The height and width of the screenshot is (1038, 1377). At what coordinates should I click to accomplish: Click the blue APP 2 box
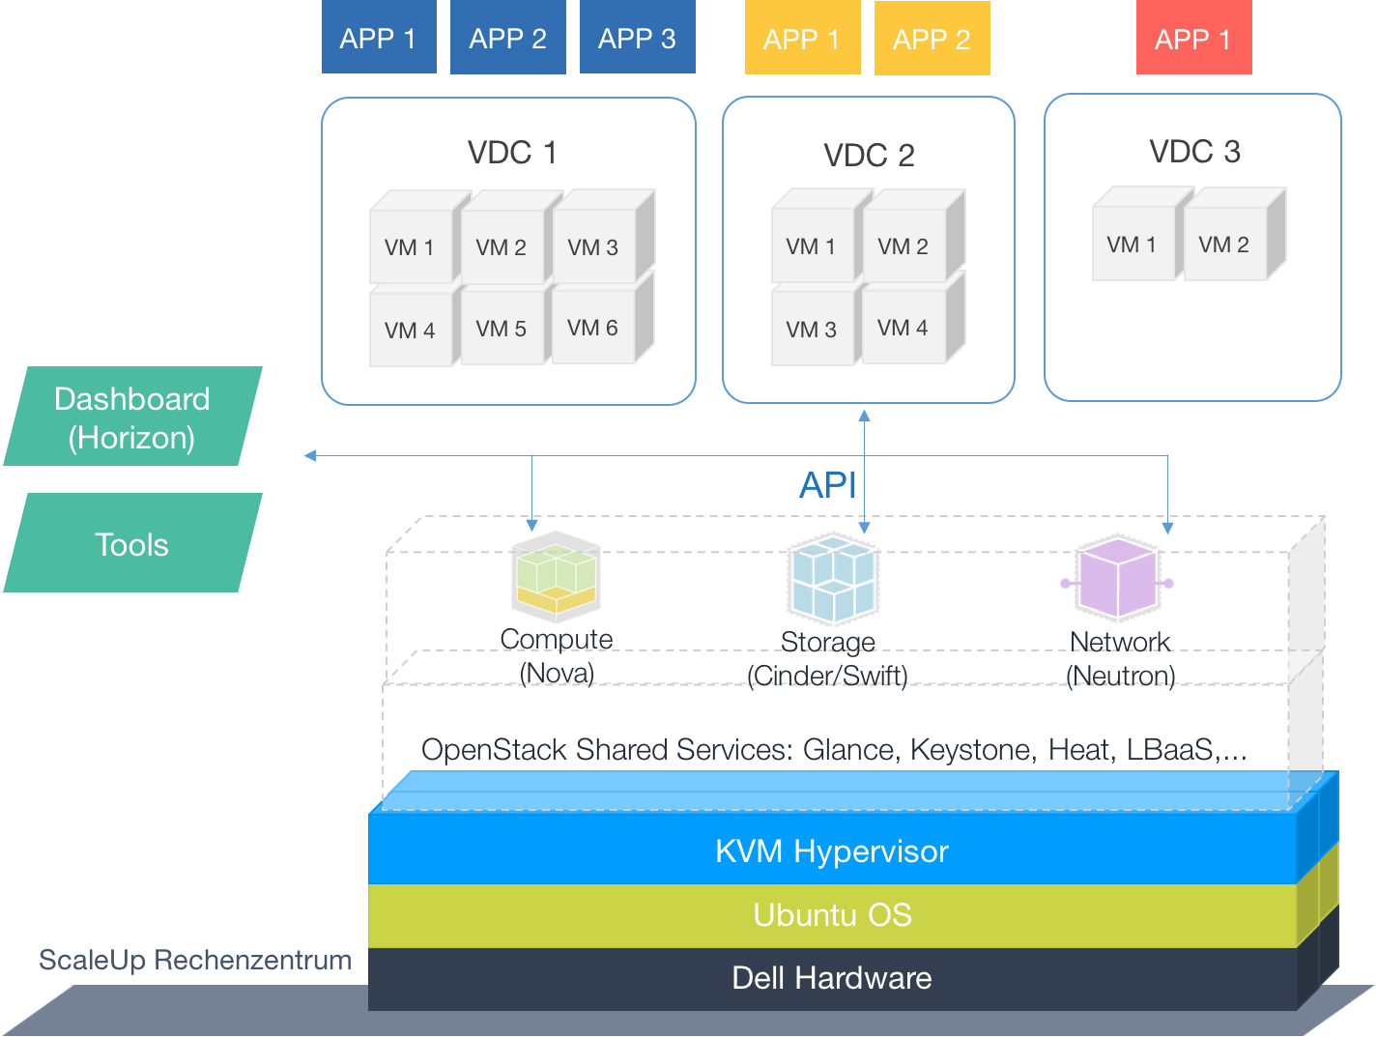(x=507, y=39)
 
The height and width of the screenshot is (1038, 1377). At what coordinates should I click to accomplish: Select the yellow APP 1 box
(x=802, y=40)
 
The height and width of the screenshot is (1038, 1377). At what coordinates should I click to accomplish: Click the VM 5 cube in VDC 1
(x=501, y=329)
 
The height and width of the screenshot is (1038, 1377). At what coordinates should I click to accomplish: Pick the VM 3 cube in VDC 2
(x=812, y=330)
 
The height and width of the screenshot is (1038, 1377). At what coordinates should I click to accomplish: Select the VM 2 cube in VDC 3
(x=1223, y=245)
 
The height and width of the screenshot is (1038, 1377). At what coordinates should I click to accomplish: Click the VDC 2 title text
(x=869, y=156)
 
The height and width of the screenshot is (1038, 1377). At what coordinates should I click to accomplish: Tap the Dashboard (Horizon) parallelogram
(x=132, y=418)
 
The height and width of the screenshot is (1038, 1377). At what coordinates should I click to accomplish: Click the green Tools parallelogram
(x=132, y=544)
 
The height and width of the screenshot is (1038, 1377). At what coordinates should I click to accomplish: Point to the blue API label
(x=827, y=485)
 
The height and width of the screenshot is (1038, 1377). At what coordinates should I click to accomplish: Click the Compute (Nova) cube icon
(x=556, y=577)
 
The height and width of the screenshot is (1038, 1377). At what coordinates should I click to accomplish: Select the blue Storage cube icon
(x=832, y=579)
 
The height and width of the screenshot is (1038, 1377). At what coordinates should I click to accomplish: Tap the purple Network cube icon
(x=1118, y=580)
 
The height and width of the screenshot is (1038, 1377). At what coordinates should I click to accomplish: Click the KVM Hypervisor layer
(x=832, y=851)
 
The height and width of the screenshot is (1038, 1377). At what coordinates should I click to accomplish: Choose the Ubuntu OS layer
(x=832, y=914)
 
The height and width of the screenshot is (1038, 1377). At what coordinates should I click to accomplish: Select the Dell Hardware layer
(x=832, y=978)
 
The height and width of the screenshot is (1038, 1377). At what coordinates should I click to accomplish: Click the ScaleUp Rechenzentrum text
(x=195, y=960)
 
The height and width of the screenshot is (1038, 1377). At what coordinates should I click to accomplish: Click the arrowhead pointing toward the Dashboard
(x=310, y=455)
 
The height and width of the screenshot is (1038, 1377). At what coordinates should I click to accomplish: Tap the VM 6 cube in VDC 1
(x=592, y=329)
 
